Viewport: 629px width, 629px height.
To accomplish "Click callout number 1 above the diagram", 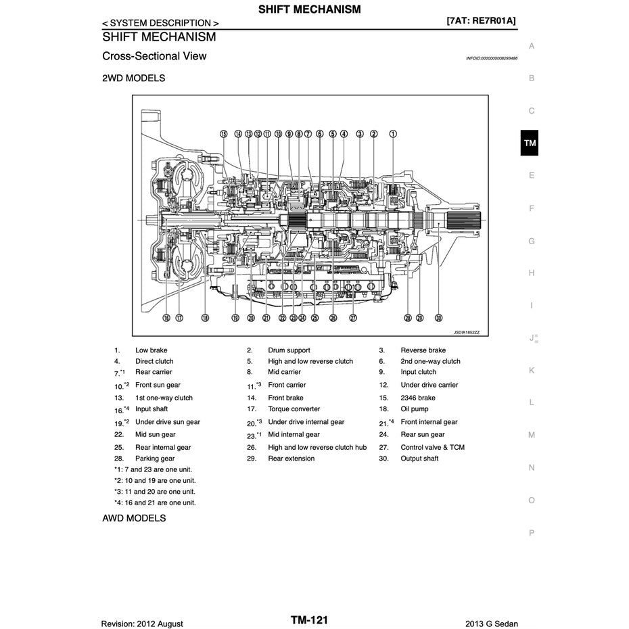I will (392, 134).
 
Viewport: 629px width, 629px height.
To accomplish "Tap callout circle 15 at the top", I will (224, 134).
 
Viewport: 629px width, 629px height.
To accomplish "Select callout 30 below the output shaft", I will (438, 317).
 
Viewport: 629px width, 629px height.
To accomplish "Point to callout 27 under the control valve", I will (353, 317).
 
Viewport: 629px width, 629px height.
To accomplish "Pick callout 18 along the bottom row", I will (205, 317).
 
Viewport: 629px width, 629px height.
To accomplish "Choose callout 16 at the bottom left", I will (166, 317).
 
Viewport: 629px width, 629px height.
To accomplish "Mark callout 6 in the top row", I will (319, 134).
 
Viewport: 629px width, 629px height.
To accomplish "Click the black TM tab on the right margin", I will (530, 143).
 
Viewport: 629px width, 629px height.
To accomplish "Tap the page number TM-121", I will (310, 620).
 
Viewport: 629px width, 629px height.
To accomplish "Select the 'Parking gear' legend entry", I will (155, 459).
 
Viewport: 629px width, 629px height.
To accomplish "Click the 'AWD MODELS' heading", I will (134, 519).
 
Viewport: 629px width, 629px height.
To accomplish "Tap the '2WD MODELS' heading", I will (133, 78).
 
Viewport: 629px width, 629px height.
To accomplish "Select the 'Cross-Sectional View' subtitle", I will (154, 56).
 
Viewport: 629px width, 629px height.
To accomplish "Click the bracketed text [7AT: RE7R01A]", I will (482, 21).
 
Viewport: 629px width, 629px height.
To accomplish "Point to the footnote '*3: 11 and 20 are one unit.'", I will (155, 492).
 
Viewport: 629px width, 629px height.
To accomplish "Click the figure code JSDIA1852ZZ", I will (466, 332).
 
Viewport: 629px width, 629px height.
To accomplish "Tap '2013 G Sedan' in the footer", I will (492, 624).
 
